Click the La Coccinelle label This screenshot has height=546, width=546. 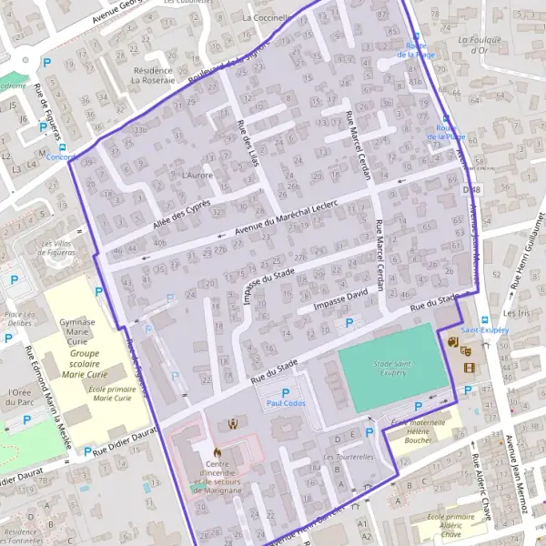[x=267, y=17]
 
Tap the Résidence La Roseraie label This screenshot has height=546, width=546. [x=152, y=75]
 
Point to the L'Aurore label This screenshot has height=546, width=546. [x=197, y=175]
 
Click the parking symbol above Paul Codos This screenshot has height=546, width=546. [x=285, y=392]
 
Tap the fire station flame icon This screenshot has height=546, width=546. [x=217, y=451]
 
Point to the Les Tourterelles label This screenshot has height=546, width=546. [x=349, y=457]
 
